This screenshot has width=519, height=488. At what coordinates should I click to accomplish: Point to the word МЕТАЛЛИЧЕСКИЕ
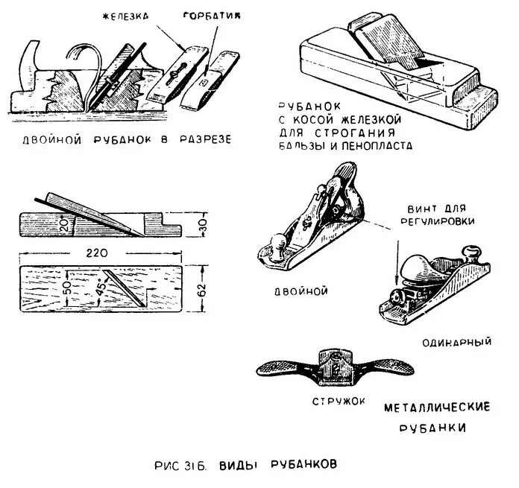coord(437,408)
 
